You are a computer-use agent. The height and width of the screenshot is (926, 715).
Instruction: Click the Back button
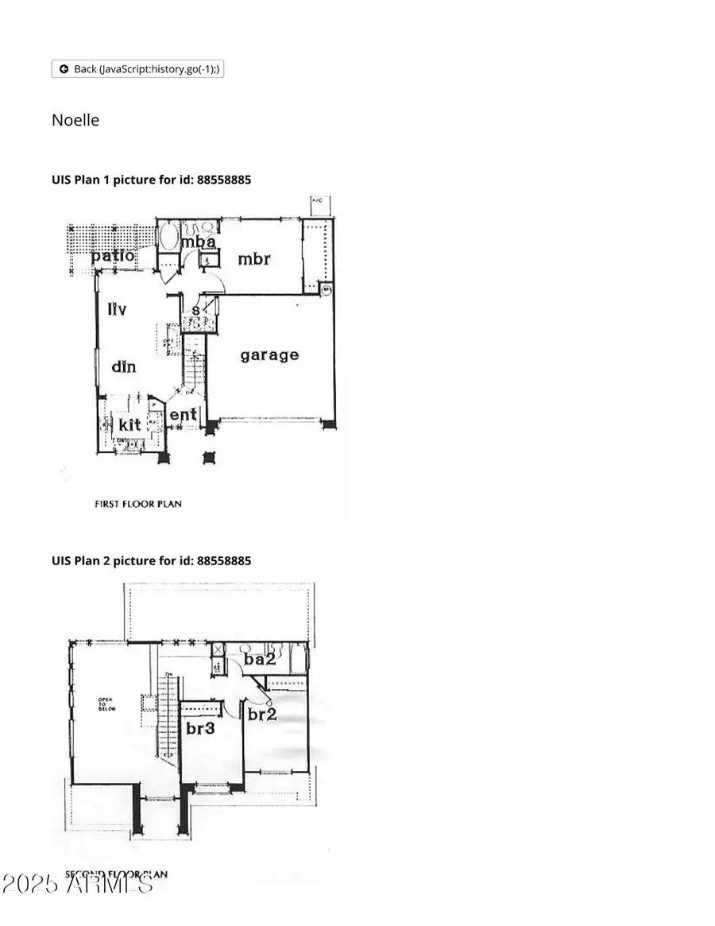[137, 69]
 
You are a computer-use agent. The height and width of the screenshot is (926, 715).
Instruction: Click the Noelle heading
[75, 120]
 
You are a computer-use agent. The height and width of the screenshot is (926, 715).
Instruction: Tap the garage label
[269, 355]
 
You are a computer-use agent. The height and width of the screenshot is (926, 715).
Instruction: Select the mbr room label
[254, 258]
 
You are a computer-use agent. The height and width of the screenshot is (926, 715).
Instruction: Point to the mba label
[199, 242]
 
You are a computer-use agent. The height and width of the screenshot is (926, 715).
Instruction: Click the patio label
[112, 256]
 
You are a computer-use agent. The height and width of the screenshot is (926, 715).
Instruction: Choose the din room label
[123, 366]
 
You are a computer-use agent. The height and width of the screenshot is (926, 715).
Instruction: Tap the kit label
[129, 424]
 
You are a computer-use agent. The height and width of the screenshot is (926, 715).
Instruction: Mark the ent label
[183, 414]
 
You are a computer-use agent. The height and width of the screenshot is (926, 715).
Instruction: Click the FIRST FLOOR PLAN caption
[138, 503]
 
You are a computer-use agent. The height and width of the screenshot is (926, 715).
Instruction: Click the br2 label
[261, 714]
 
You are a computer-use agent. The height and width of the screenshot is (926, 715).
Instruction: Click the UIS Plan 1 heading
[151, 180]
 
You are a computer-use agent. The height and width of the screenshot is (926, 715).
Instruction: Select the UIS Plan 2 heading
[151, 560]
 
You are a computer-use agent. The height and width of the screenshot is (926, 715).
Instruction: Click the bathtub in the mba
[168, 237]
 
